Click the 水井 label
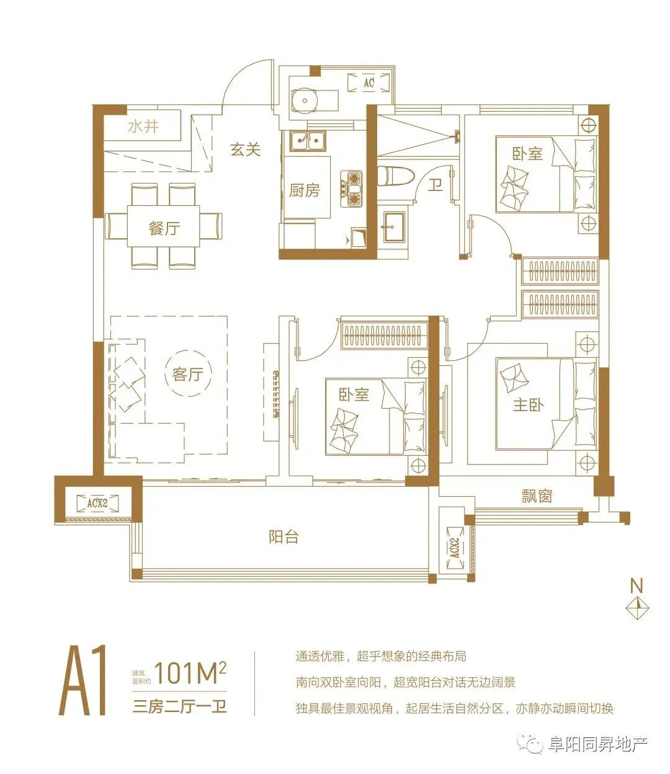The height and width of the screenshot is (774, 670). point(143,127)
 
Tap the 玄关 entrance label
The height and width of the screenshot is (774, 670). point(245,150)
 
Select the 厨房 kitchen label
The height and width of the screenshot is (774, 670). point(304,190)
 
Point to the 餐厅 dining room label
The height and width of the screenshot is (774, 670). point(164,228)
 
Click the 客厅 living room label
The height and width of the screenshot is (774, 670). point(187,374)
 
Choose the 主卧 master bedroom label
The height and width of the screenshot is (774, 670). point(528,405)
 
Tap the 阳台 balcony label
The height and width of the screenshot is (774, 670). point(284,537)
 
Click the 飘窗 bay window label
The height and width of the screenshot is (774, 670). point(537,497)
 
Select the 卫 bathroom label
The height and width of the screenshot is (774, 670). point(435,185)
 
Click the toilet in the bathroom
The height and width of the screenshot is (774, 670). point(395,176)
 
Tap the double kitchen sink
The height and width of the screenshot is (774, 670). point(308,141)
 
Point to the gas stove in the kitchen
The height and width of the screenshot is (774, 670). point(351,189)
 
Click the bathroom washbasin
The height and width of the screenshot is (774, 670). point(394,227)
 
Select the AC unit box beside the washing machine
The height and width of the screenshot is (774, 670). point(369,82)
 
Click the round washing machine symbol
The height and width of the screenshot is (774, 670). point(305,100)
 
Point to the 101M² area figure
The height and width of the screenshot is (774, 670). point(190,672)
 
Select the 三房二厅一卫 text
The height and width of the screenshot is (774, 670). point(180,707)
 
